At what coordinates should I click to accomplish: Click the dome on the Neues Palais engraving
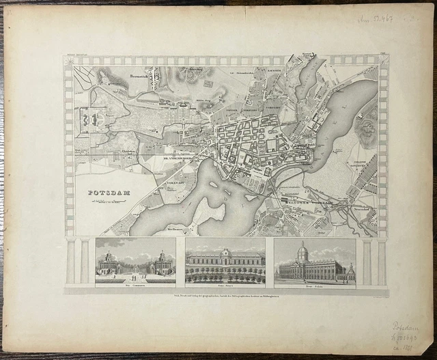click(x=302, y=249)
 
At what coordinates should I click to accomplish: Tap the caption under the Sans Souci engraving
click(x=225, y=286)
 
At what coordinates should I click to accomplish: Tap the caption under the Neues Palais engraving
click(x=315, y=286)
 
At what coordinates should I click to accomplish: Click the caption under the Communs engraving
click(x=134, y=286)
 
